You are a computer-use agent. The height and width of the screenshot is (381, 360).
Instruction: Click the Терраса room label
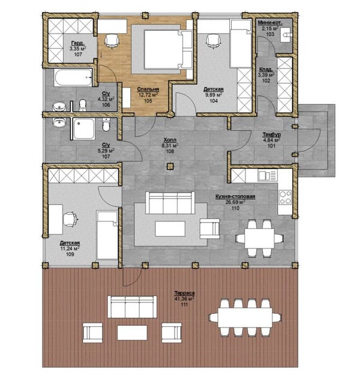[x=185, y=293]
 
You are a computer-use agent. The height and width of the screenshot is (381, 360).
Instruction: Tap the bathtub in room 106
[x=73, y=77]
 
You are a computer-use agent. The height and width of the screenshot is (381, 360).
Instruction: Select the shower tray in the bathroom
[x=84, y=129]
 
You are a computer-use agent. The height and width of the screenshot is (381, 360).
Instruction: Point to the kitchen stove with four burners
[x=285, y=197]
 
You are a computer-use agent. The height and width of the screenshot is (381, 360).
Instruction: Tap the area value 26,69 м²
[x=235, y=202]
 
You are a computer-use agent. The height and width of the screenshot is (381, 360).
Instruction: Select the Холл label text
[x=170, y=140]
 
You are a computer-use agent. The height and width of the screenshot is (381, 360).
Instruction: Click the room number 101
[x=271, y=146]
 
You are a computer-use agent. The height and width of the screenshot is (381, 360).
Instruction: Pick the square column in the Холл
[x=170, y=166]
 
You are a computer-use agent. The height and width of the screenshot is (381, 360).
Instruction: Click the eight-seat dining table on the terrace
[x=245, y=317]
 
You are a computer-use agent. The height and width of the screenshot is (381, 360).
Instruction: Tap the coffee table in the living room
[x=170, y=229]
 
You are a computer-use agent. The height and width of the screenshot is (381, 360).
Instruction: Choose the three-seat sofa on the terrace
[x=132, y=307]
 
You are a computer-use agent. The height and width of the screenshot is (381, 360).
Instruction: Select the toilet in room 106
[x=83, y=105]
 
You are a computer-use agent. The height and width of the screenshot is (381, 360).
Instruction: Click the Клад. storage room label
[x=266, y=70]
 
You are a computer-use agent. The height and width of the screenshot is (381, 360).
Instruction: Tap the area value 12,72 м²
[x=148, y=95]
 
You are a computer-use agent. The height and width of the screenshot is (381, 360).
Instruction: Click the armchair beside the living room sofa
[x=210, y=229]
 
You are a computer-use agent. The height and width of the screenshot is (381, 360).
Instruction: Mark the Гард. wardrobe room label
[x=78, y=43]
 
